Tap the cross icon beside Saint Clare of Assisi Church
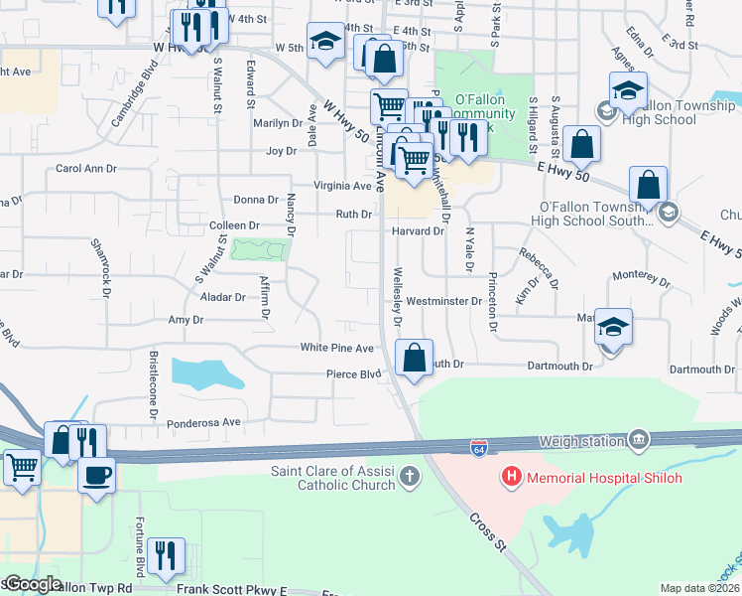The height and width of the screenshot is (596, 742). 409,478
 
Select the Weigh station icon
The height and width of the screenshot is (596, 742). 638,439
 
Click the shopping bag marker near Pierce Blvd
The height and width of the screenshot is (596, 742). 415,357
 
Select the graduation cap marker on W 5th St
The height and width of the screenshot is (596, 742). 324,41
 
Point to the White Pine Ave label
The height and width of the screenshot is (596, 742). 337,349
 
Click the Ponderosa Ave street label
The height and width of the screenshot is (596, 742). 204,422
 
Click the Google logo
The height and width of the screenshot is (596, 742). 33,584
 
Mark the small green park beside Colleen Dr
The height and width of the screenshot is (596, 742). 257,249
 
